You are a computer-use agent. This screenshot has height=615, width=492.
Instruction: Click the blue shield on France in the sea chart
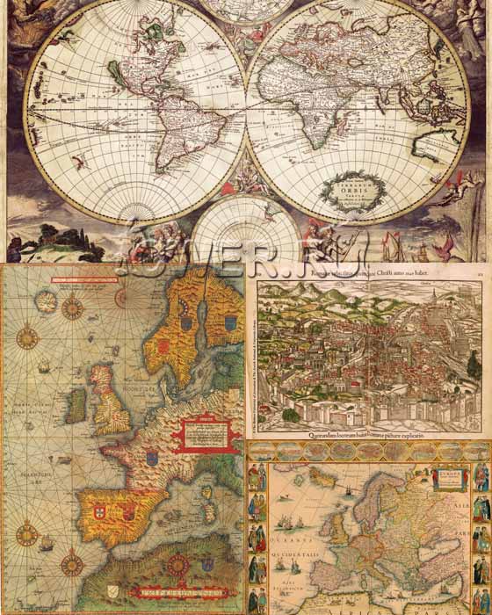[x=152, y=458]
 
